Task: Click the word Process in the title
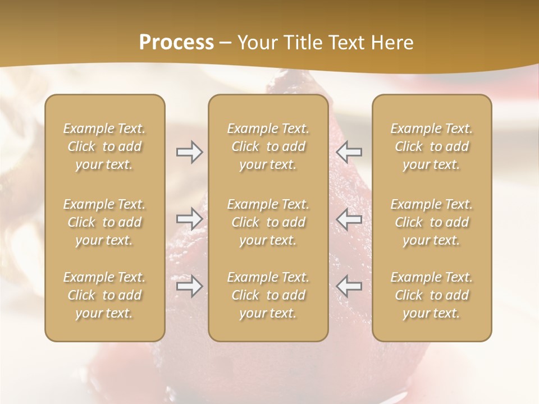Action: click(176, 43)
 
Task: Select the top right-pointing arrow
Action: click(190, 151)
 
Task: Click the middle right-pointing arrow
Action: click(190, 219)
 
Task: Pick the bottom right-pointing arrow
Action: click(190, 286)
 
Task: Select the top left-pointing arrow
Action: click(349, 151)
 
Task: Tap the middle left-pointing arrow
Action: click(349, 219)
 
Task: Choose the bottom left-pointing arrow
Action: click(349, 286)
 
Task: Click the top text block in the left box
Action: click(104, 146)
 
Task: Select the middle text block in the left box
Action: click(104, 222)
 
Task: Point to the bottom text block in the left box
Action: click(104, 295)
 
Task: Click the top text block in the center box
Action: click(268, 146)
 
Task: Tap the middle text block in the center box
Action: click(268, 222)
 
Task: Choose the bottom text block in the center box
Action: click(268, 295)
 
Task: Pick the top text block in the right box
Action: click(432, 146)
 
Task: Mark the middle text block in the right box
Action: click(432, 222)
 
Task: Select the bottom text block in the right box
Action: click(432, 295)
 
